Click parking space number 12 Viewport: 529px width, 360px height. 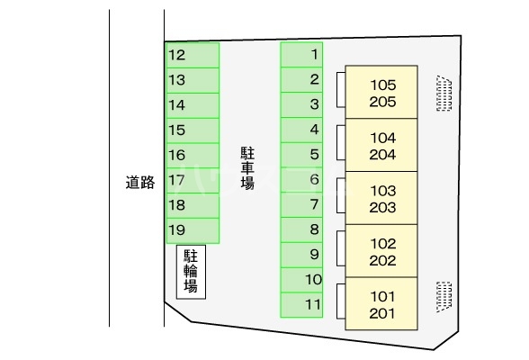[193, 55]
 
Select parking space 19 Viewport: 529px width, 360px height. [193, 230]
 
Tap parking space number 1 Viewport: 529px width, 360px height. [301, 55]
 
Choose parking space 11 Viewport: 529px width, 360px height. [301, 305]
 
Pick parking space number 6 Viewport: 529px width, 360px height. [301, 180]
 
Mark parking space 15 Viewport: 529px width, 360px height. [193, 130]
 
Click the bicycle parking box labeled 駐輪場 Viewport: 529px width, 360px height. [191, 272]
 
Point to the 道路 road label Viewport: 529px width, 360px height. [140, 183]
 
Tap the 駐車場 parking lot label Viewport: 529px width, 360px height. [247, 167]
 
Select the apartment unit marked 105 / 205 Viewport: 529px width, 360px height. [381, 92]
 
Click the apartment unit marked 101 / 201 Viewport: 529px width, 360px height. [381, 303]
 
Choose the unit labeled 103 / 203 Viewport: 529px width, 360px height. [381, 198]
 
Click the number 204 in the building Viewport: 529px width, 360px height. [382, 155]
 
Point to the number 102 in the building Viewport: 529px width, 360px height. [383, 244]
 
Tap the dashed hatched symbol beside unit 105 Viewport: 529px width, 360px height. [444, 94]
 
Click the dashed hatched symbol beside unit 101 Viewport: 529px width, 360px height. [444, 297]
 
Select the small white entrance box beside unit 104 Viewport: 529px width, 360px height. [341, 142]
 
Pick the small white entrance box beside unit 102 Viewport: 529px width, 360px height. [341, 248]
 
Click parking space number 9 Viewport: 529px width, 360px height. [301, 255]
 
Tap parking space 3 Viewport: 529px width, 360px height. [301, 105]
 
